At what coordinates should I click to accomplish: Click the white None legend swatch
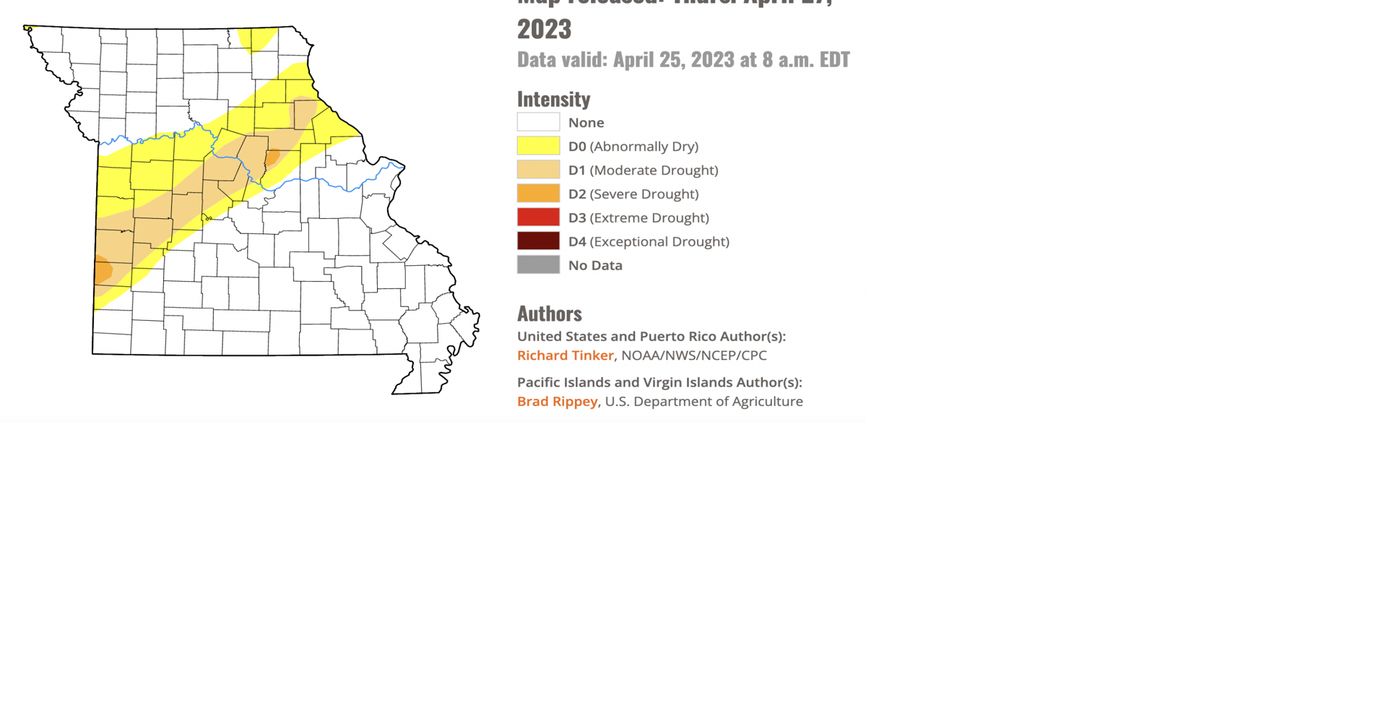click(538, 122)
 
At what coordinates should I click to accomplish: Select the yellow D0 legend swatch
click(538, 146)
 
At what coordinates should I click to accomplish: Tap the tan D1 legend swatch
click(538, 170)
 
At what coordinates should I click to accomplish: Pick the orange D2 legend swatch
click(538, 194)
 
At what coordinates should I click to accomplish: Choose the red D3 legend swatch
click(538, 217)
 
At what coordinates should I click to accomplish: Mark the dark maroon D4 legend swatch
click(538, 241)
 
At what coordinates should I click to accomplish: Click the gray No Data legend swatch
click(538, 265)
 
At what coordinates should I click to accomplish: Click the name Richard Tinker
click(565, 355)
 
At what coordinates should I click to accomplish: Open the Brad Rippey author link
click(557, 402)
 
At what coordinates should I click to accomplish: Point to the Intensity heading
click(553, 99)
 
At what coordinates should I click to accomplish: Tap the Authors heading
click(549, 314)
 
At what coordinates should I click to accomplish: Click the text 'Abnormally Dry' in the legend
click(644, 147)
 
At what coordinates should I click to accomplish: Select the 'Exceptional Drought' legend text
click(659, 242)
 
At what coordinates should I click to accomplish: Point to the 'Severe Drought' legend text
click(644, 194)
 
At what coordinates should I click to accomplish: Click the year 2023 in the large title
click(544, 30)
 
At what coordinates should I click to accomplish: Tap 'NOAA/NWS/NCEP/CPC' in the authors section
click(693, 355)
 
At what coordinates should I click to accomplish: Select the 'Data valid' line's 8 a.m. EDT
click(805, 59)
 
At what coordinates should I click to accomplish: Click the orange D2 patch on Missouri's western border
click(103, 270)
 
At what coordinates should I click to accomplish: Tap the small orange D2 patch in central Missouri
click(272, 157)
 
